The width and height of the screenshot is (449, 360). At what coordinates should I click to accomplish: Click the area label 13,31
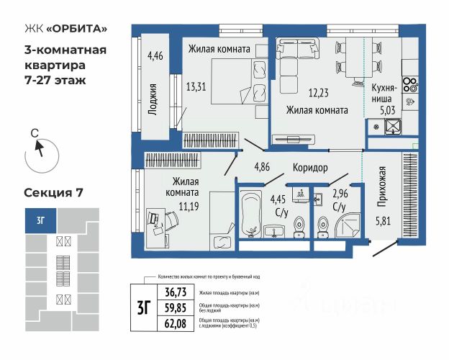[x=196, y=87]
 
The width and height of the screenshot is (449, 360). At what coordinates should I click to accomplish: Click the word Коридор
[x=310, y=168]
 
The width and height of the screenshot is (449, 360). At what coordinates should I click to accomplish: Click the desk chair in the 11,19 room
[x=153, y=218]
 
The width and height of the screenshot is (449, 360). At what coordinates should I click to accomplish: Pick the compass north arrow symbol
[x=39, y=150]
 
